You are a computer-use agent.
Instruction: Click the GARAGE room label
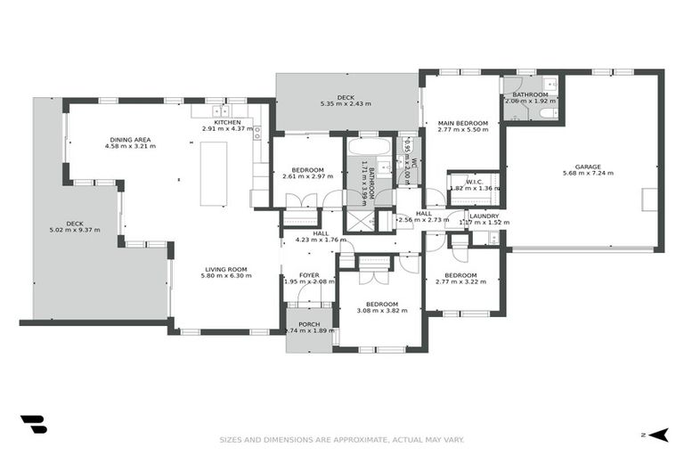pos(588,167)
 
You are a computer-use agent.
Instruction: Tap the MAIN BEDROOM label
pos(462,123)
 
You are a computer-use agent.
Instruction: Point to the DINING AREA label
pos(130,139)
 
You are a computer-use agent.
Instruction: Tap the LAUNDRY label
pos(484,216)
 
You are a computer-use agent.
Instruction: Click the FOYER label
pos(309,274)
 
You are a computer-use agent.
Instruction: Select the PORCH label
pos(309,323)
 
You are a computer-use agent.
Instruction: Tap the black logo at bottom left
pos(33,425)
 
